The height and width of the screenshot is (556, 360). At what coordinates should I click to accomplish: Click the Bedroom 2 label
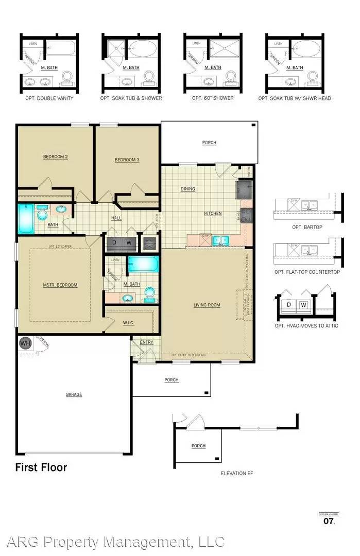(x=56, y=157)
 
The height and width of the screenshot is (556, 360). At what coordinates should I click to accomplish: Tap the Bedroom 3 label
(x=127, y=160)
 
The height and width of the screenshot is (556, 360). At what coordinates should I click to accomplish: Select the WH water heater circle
(x=25, y=343)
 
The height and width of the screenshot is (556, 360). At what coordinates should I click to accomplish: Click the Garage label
(x=74, y=394)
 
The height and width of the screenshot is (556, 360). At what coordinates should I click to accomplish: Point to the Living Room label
(x=207, y=305)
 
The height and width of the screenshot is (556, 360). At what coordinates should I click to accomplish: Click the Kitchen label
(x=212, y=213)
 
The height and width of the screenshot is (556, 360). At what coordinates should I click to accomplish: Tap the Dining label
(x=188, y=189)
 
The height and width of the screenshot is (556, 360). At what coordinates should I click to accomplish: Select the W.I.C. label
(x=129, y=323)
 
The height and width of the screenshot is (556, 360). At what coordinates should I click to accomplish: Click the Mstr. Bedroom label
(x=60, y=285)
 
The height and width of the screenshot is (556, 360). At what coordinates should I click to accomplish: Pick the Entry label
(x=147, y=342)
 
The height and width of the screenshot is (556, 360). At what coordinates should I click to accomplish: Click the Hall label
(x=116, y=218)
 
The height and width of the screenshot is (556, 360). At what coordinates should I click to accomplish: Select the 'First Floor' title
(x=41, y=467)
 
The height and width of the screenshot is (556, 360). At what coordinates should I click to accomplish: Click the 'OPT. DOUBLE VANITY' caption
(x=49, y=98)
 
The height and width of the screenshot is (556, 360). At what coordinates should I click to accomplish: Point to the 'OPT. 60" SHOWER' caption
(x=213, y=98)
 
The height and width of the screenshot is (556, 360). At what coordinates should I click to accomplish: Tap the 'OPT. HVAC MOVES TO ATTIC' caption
(x=306, y=326)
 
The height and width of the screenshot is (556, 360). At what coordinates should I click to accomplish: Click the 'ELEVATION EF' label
(x=236, y=473)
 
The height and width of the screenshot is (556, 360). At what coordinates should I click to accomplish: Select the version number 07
(x=329, y=522)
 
